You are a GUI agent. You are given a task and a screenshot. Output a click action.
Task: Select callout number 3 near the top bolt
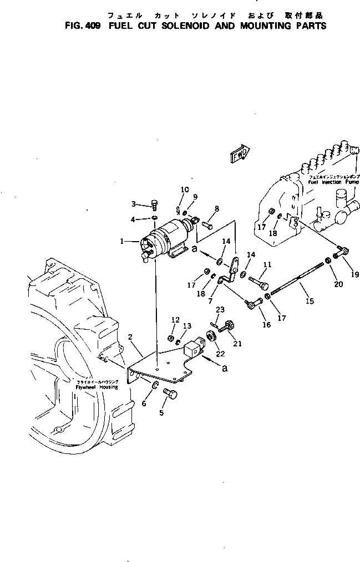pyautogui.click(x=134, y=203)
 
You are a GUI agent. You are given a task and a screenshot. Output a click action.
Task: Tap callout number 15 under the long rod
pyautogui.click(x=310, y=301)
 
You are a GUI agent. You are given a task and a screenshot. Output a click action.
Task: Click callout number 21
pyautogui.click(x=237, y=344)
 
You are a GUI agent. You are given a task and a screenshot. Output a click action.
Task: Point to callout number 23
pyautogui.click(x=220, y=310)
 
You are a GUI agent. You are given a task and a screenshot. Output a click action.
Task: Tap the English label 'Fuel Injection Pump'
pyautogui.click(x=334, y=182)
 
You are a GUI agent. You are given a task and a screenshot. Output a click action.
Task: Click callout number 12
pyautogui.click(x=175, y=320)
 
